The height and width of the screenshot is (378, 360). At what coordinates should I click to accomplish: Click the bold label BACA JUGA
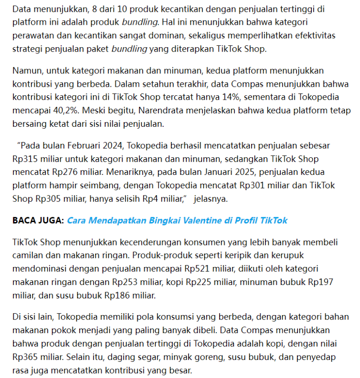(x=38, y=220)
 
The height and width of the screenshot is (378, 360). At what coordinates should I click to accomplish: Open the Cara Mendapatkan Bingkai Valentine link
(x=177, y=220)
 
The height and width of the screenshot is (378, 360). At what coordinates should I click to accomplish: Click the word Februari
(x=87, y=146)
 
